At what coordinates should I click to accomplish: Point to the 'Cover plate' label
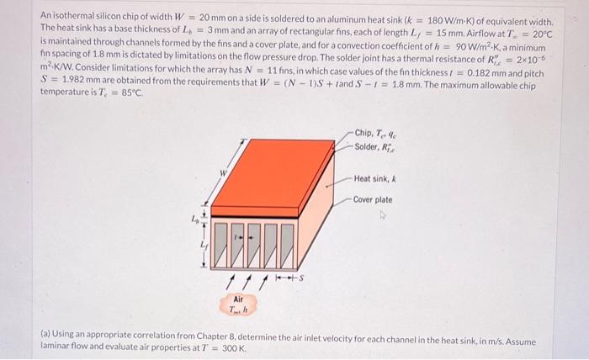point(372,200)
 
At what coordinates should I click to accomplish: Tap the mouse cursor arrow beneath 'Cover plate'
point(383,214)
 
